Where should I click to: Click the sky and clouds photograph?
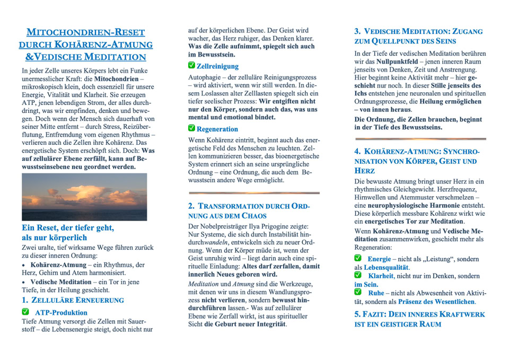point(84,197)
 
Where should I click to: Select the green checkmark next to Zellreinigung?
point(191,65)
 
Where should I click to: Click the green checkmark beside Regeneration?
point(191,128)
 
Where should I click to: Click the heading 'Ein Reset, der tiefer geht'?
point(68,227)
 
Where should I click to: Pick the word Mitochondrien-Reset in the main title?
point(85,32)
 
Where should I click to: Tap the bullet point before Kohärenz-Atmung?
point(24,265)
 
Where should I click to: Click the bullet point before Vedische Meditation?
point(24,282)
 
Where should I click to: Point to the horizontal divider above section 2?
point(254,192)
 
